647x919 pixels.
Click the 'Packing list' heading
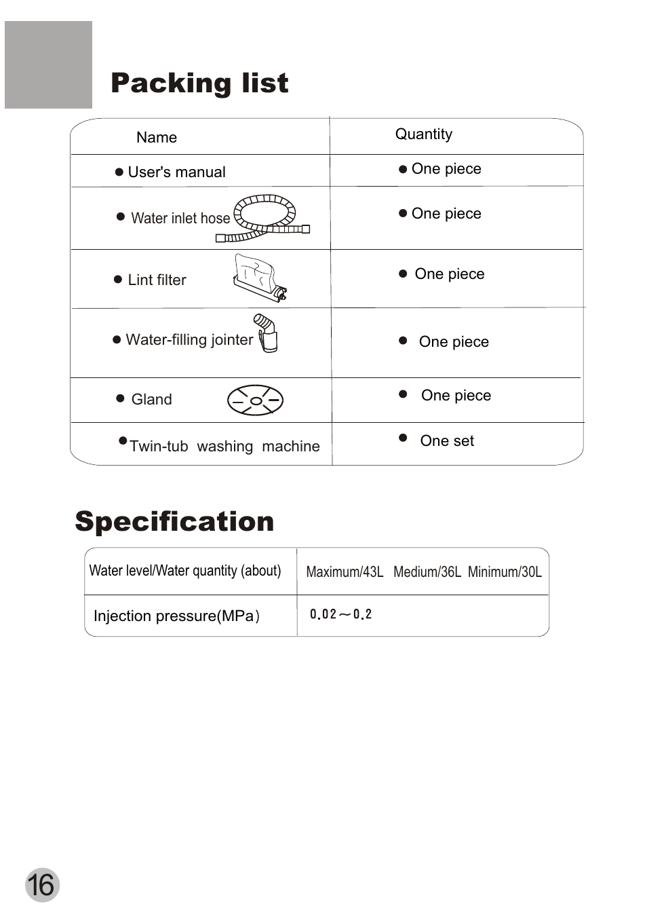(x=199, y=83)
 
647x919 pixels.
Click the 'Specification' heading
(x=174, y=521)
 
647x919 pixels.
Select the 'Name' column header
(x=157, y=138)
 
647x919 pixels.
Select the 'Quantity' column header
(x=424, y=134)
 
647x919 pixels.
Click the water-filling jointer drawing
(x=267, y=333)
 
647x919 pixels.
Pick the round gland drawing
(x=255, y=400)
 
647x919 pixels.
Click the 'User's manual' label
(x=176, y=172)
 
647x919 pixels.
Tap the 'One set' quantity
(x=447, y=441)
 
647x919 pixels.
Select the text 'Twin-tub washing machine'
(x=224, y=447)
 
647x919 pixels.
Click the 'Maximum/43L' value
(x=345, y=572)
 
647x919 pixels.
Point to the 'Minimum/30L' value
(x=505, y=572)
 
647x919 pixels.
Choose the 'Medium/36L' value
(x=427, y=572)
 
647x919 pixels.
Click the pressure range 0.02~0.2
(x=340, y=615)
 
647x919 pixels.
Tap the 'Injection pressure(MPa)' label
(x=176, y=616)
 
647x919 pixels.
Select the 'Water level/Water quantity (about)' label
(x=185, y=571)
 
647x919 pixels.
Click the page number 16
(x=42, y=885)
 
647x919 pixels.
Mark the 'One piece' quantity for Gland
(x=456, y=396)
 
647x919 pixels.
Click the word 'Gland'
(x=151, y=400)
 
